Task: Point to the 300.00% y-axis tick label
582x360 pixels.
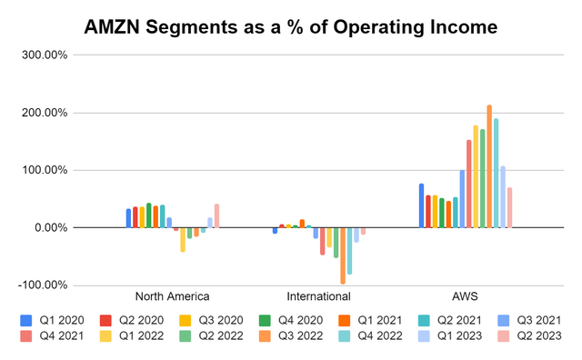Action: (x=43, y=55)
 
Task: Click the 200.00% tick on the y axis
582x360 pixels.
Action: (x=43, y=113)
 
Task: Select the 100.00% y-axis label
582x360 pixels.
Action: (x=43, y=170)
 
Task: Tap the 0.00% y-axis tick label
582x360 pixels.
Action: (x=47, y=227)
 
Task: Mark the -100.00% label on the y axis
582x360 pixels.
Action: (x=41, y=285)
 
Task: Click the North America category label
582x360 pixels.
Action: (x=172, y=296)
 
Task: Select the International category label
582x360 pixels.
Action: (x=318, y=296)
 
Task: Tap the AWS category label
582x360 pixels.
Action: (x=464, y=296)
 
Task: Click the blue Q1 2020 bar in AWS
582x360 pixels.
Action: (x=421, y=205)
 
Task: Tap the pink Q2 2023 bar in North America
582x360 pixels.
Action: (x=216, y=215)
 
